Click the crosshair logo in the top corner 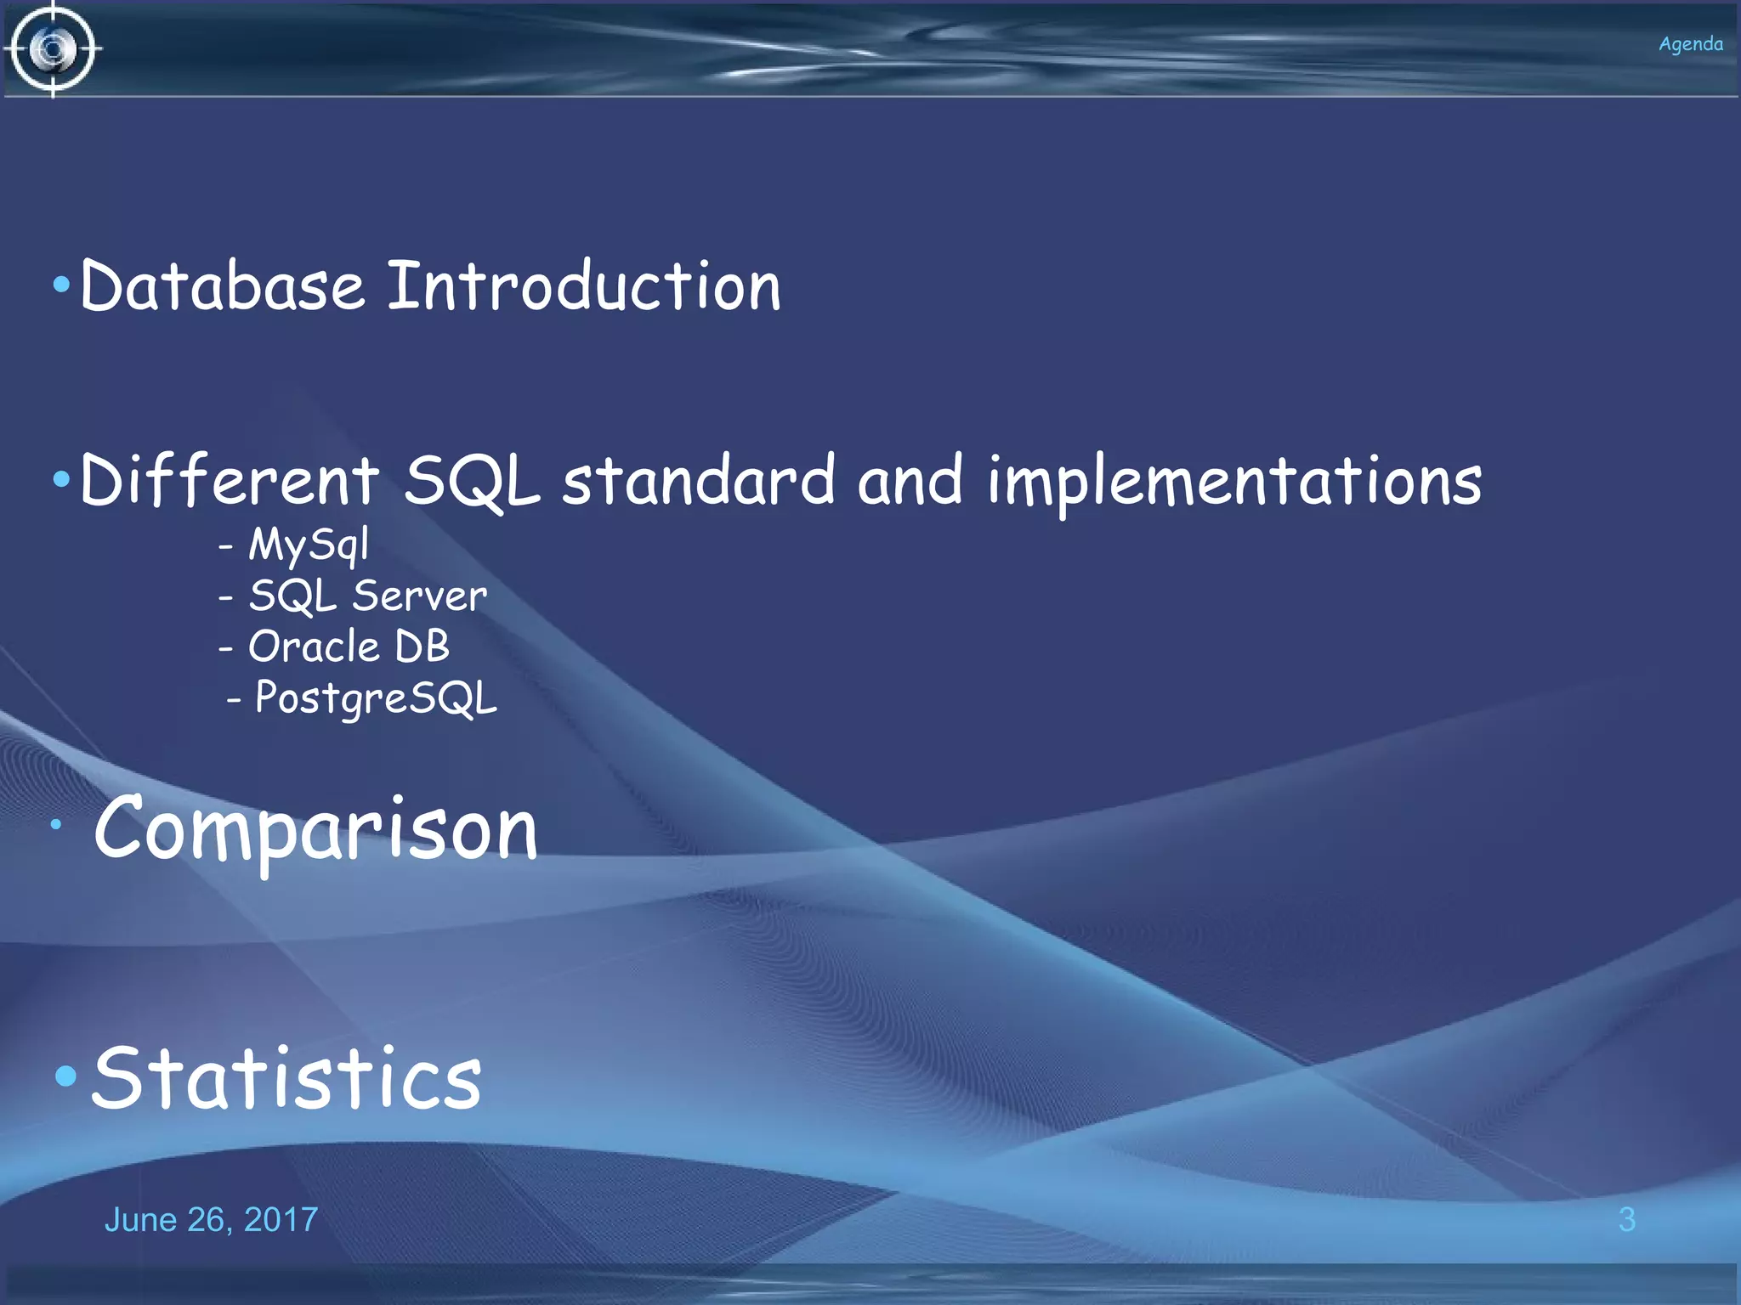tap(53, 49)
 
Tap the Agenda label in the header tap(1690, 44)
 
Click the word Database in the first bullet tap(223, 286)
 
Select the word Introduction tap(584, 286)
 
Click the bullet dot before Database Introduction tap(61, 285)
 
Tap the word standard tap(699, 481)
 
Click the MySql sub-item tap(308, 545)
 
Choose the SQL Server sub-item tap(367, 596)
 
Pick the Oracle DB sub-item tap(349, 647)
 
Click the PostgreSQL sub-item tap(376, 699)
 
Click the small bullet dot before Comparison tap(56, 824)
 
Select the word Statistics tap(286, 1079)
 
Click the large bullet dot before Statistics tap(66, 1077)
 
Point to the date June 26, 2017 tap(211, 1220)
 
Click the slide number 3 tap(1626, 1220)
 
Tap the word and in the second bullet tap(910, 481)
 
